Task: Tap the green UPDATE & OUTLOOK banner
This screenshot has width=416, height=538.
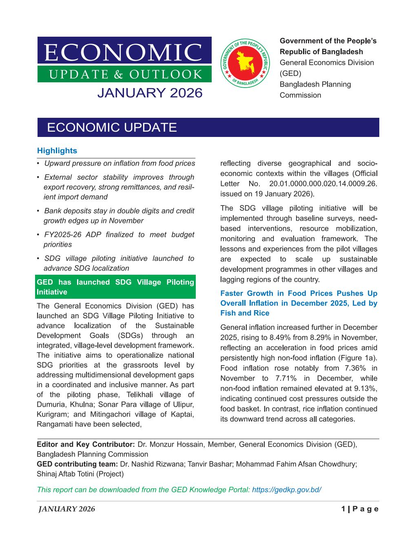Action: [124, 74]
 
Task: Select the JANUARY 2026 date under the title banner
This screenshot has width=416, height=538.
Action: [150, 93]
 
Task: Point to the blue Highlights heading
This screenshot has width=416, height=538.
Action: [57, 151]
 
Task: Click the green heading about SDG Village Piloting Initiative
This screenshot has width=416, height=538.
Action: [115, 287]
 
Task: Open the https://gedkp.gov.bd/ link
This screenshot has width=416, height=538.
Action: [287, 489]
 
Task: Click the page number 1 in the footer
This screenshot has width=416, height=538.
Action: [343, 509]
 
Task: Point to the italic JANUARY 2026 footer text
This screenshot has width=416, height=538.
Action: [66, 509]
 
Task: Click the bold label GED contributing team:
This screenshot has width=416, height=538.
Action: [77, 464]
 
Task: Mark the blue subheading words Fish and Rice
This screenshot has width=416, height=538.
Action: [245, 313]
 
